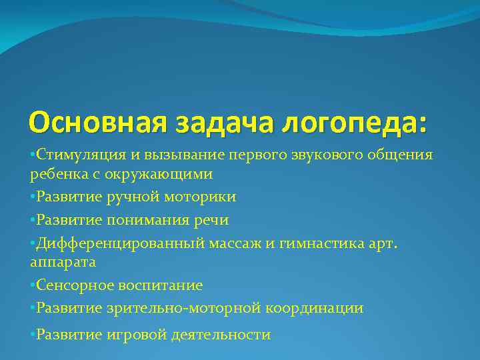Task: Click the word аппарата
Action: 63,263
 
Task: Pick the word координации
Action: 315,308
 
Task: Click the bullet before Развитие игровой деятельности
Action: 33,333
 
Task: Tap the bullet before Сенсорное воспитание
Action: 33,285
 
